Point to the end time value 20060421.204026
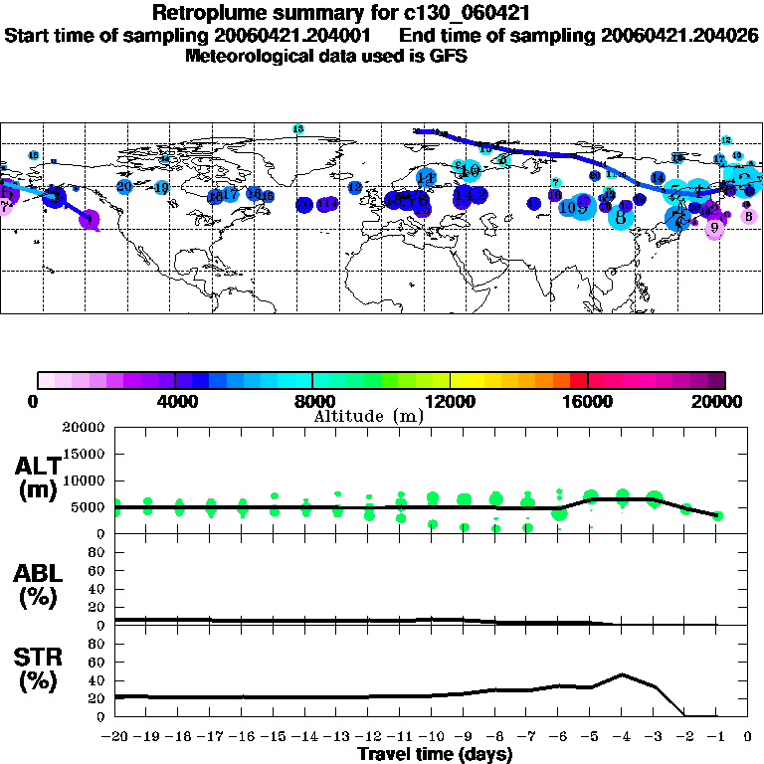click(679, 35)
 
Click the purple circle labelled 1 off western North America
click(91, 220)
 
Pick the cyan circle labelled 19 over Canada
click(161, 187)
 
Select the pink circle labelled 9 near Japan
click(714, 228)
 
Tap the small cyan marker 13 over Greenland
click(297, 129)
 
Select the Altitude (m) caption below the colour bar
click(368, 416)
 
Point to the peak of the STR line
click(623, 673)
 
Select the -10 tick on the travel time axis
click(432, 737)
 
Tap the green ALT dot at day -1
click(717, 515)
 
